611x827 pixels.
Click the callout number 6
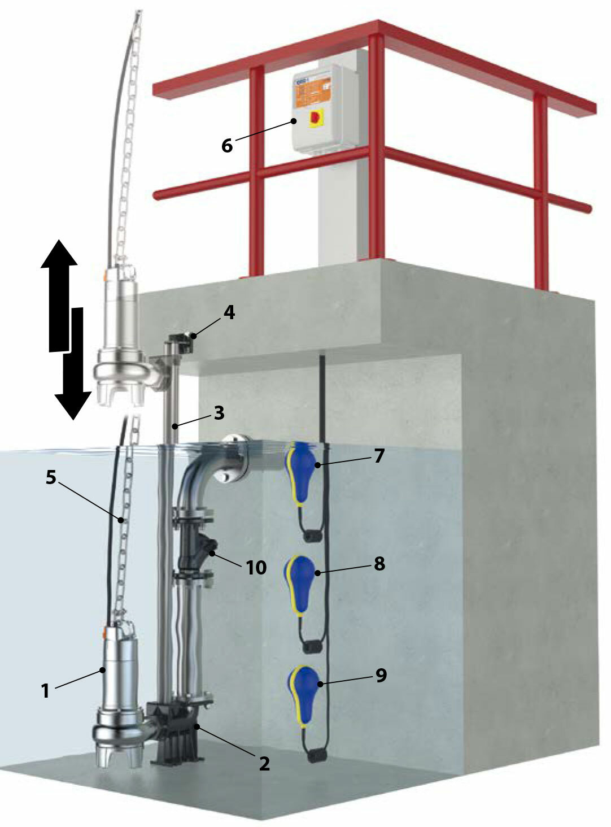click(226, 146)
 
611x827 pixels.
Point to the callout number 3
click(219, 413)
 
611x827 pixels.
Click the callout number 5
click(51, 478)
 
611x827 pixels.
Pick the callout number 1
click(45, 690)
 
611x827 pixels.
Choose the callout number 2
click(264, 764)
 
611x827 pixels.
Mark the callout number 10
click(256, 568)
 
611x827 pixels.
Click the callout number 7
click(378, 455)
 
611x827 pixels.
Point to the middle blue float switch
click(302, 580)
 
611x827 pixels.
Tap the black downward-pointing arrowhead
click(73, 402)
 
